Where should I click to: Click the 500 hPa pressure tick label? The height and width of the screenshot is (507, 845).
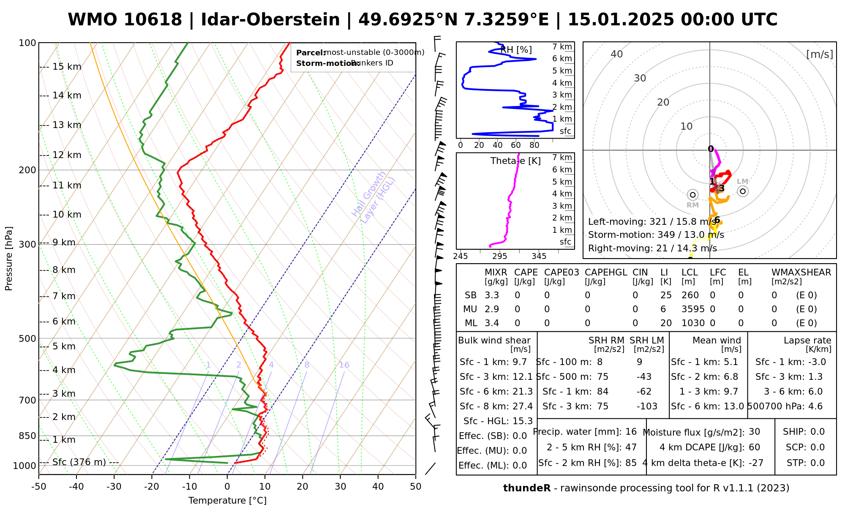27,339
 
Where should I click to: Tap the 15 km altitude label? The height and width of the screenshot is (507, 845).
67,67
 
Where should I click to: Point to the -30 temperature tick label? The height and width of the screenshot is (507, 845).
114,487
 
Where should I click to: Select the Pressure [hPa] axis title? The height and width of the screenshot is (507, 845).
9,259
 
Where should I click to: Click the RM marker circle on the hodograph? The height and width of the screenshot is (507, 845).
692,195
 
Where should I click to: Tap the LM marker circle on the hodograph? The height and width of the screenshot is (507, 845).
743,191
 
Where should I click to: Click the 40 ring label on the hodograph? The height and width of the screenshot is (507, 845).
617,54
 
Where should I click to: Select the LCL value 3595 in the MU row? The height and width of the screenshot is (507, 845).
693,309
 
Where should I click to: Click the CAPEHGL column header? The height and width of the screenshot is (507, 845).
606,273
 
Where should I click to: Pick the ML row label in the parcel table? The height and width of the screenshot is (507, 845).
471,323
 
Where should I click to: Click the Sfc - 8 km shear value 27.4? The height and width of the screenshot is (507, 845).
523,406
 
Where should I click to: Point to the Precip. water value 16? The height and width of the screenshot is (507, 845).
631,432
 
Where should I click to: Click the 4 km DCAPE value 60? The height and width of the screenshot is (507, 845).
754,447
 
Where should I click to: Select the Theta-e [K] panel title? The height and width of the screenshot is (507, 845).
515,161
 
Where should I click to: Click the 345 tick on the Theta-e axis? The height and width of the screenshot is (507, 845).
539,256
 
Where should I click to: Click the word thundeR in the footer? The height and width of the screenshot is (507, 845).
527,488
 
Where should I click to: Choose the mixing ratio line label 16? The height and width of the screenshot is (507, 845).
344,365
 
